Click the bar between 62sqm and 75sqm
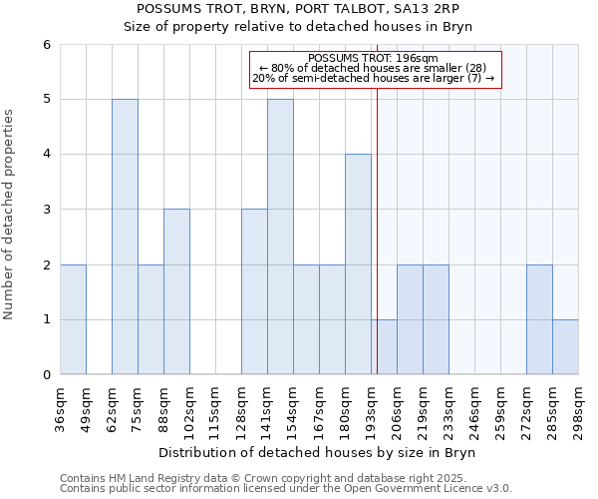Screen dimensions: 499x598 pos(125,237)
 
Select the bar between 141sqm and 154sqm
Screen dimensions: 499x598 pos(280,237)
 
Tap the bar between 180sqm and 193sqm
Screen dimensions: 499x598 pos(358,264)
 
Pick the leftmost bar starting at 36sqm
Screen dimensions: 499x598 pos(73,319)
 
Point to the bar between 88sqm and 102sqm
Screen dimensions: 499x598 pos(176,291)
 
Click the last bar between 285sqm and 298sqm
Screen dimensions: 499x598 pos(565,347)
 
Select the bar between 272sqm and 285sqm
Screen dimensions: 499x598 pos(539,319)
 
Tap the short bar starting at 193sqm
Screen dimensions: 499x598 pos(384,347)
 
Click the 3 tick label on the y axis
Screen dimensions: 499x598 pos(46,210)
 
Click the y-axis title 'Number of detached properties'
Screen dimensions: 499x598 pos(10,216)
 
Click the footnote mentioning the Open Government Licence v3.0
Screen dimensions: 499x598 pos(286,489)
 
